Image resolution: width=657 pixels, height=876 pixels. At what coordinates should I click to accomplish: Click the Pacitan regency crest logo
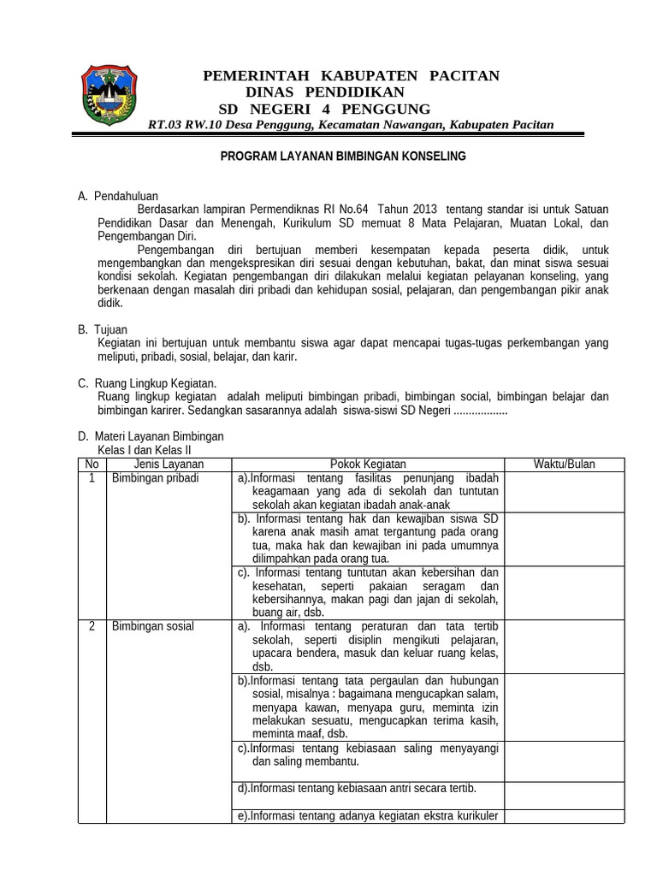108,95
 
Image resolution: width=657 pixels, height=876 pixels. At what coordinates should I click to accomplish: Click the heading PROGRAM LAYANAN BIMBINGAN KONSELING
343,157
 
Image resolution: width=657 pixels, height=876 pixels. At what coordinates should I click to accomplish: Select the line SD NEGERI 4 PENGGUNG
325,109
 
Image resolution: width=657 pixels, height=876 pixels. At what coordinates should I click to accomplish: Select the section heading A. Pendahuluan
118,197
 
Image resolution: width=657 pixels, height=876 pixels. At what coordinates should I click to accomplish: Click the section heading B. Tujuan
104,329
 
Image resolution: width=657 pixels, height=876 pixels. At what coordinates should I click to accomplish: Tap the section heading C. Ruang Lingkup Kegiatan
147,383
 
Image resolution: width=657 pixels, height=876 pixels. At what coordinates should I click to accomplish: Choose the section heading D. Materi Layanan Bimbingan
151,436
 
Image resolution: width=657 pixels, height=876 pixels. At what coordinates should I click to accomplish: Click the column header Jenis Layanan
169,464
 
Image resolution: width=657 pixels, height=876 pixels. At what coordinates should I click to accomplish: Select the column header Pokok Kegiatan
369,464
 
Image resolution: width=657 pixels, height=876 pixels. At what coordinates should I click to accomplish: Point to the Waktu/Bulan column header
565,464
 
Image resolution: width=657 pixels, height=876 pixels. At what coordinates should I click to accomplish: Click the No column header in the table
92,464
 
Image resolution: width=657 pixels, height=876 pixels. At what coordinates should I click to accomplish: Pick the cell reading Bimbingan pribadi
156,477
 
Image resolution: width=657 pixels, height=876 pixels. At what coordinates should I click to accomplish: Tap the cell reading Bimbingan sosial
153,626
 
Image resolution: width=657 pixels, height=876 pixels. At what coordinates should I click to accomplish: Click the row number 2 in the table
92,626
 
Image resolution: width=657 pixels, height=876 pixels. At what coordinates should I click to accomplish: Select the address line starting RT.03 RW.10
351,125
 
